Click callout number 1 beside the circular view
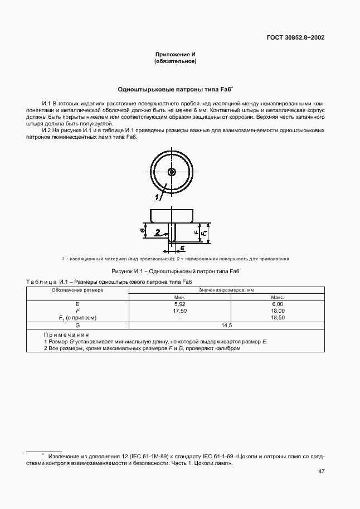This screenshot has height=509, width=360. click(x=157, y=197)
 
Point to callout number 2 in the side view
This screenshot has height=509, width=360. click(x=158, y=232)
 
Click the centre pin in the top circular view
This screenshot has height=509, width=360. click(x=172, y=171)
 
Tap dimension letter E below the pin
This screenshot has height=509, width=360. click(x=182, y=246)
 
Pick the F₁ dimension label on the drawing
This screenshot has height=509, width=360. click(x=205, y=231)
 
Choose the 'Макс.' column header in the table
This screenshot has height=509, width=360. click(x=278, y=298)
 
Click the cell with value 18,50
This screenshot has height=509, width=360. click(x=278, y=317)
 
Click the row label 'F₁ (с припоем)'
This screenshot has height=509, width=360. click(x=77, y=318)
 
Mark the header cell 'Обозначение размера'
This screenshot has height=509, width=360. click(x=77, y=290)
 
